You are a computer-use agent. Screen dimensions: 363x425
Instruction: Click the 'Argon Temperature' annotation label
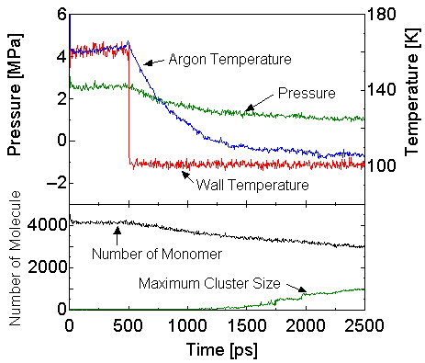[x=229, y=59]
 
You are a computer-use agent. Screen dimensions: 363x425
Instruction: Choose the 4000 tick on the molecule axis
[x=46, y=223]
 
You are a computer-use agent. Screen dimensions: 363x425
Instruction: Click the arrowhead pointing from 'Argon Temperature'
[x=131, y=46]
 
